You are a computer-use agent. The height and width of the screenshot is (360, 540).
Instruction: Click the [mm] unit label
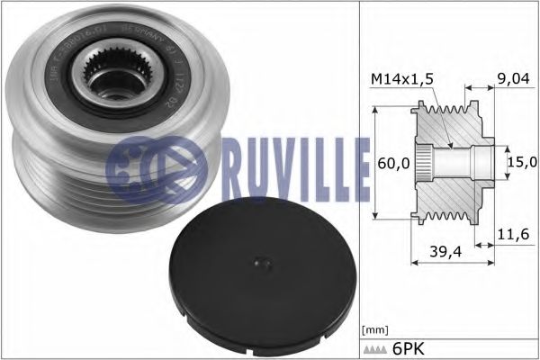coord(372,332)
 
